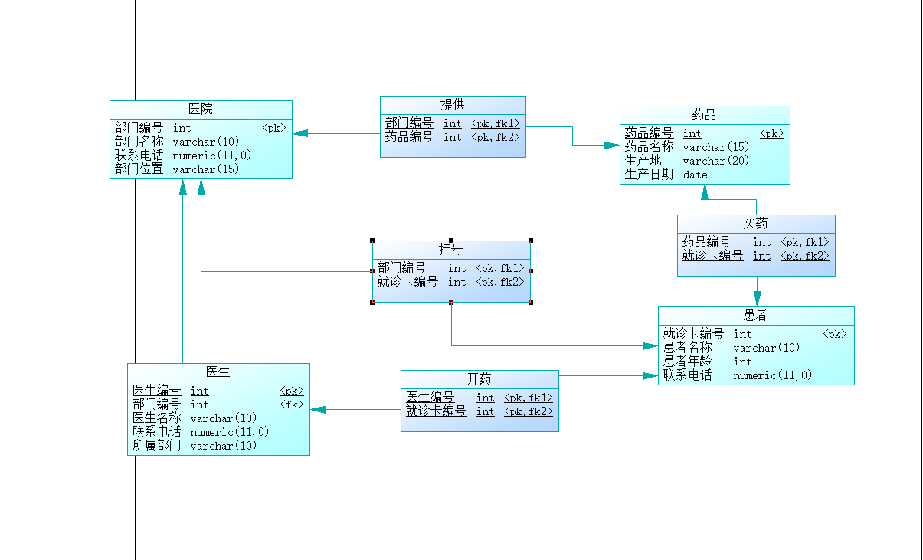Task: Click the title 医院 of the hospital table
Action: [x=201, y=110]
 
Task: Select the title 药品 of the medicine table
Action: [x=704, y=115]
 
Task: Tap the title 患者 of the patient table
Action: [x=755, y=316]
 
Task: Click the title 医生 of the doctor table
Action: [x=218, y=372]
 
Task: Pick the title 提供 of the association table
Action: [x=452, y=105]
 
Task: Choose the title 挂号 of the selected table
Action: [x=450, y=250]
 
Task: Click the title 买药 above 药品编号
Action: [x=755, y=224]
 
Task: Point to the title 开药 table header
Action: [x=480, y=379]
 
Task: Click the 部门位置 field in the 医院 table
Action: [x=139, y=169]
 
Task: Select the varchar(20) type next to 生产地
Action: [x=716, y=161]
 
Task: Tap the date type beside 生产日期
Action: [x=696, y=175]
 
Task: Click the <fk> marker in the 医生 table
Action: [x=292, y=404]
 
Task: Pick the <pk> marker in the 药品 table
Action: [x=772, y=134]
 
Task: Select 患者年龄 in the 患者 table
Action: [x=687, y=362]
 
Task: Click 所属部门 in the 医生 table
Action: [x=157, y=446]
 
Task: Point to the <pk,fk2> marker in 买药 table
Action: [x=805, y=257]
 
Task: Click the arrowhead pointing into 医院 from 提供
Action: [x=299, y=133]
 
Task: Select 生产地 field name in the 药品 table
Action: [x=643, y=161]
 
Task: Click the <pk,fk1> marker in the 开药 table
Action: [x=528, y=398]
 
